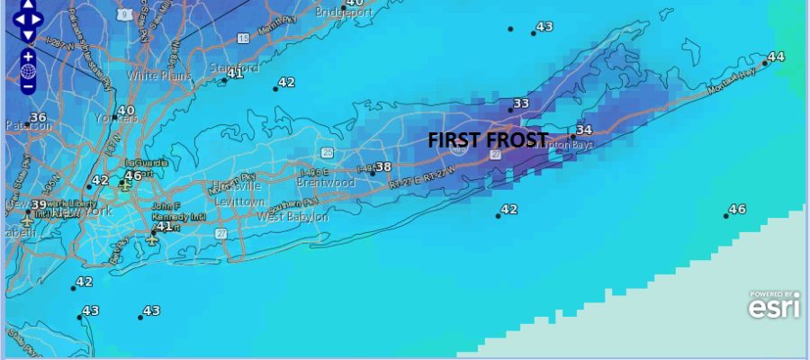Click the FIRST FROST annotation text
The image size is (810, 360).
[487, 140]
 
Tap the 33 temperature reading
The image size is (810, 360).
[521, 104]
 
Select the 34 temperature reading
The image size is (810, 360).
[584, 130]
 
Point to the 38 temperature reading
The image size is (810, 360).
[383, 167]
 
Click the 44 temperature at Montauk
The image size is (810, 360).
[776, 57]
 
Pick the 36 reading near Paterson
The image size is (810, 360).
[38, 118]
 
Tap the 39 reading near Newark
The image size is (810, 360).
[39, 205]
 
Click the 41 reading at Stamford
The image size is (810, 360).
[236, 73]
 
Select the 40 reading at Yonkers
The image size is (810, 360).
[126, 111]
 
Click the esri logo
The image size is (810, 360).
[774, 307]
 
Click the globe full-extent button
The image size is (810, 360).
[28, 71]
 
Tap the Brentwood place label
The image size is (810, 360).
[331, 183]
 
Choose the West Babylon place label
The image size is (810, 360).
[292, 217]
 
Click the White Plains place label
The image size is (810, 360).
[159, 76]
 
